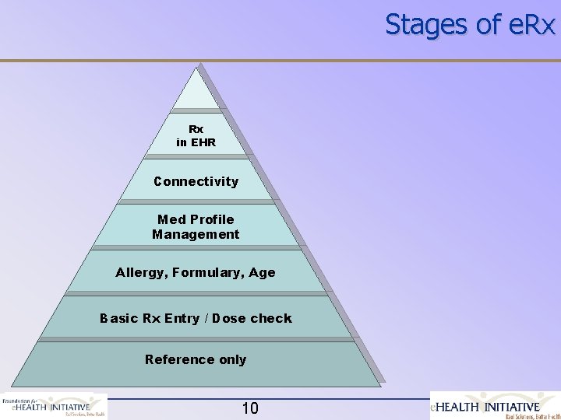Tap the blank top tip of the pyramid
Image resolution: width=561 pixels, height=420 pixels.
(196, 93)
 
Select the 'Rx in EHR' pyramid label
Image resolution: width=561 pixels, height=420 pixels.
(196, 135)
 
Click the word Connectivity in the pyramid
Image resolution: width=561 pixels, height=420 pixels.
(196, 181)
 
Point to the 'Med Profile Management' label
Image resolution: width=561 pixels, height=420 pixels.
(196, 226)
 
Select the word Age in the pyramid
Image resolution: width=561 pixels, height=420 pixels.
(263, 273)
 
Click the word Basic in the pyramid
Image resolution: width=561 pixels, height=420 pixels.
(117, 318)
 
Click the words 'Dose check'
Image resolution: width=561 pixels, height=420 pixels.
(254, 318)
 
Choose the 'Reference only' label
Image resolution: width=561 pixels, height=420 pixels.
(196, 359)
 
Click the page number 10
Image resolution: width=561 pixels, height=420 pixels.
(250, 408)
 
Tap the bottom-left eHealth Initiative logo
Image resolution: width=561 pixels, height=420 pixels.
(54, 406)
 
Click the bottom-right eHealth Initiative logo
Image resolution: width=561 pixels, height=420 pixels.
(496, 406)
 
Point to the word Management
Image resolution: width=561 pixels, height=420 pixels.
(196, 234)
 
